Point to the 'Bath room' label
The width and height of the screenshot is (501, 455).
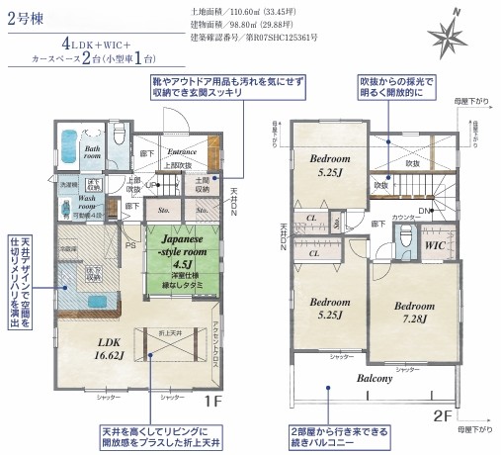[x=93, y=150]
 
